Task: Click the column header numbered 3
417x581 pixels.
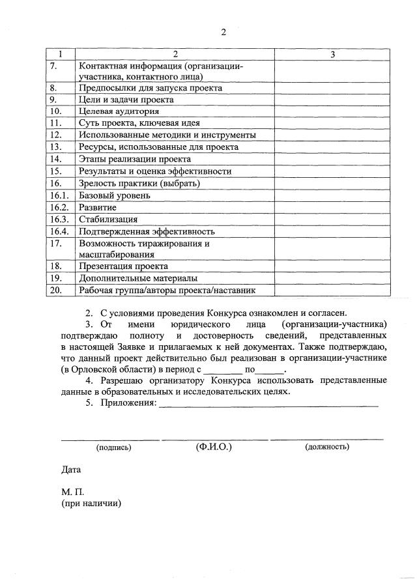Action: click(332, 54)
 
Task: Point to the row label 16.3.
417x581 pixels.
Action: click(59, 219)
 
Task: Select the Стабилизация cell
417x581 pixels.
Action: click(108, 219)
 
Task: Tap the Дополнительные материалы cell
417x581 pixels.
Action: click(137, 278)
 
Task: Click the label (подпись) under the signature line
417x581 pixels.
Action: click(113, 447)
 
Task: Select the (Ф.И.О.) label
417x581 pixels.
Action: click(214, 447)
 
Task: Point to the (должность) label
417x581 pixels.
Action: click(326, 447)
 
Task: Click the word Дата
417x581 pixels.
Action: click(71, 469)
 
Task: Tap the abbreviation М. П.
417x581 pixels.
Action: click(72, 492)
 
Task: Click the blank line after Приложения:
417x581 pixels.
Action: click(268, 404)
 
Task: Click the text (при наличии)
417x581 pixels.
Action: click(92, 503)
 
